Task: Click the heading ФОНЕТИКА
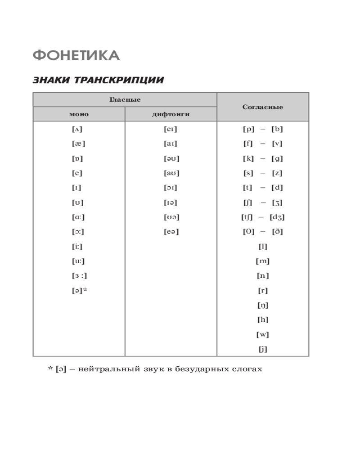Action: pos(76,56)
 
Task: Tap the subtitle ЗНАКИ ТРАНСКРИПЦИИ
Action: pos(98,81)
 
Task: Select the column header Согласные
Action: pos(263,107)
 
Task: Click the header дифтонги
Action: pos(171,114)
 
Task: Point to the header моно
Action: pos(79,114)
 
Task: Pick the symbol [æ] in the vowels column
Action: pos(78,144)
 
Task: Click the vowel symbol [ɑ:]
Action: pos(78,217)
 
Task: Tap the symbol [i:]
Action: pos(77,247)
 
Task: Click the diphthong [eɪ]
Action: pos(171,130)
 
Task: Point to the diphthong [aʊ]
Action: pos(171,173)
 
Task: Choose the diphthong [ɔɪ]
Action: pos(171,188)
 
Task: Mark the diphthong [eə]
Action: pos(171,232)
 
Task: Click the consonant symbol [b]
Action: pos(277,130)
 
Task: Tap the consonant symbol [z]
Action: pos(277,173)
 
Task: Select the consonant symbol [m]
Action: pos(263,261)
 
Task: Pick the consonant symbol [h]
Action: pos(263,320)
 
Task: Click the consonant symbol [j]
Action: pos(263,349)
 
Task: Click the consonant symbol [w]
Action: pos(263,335)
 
